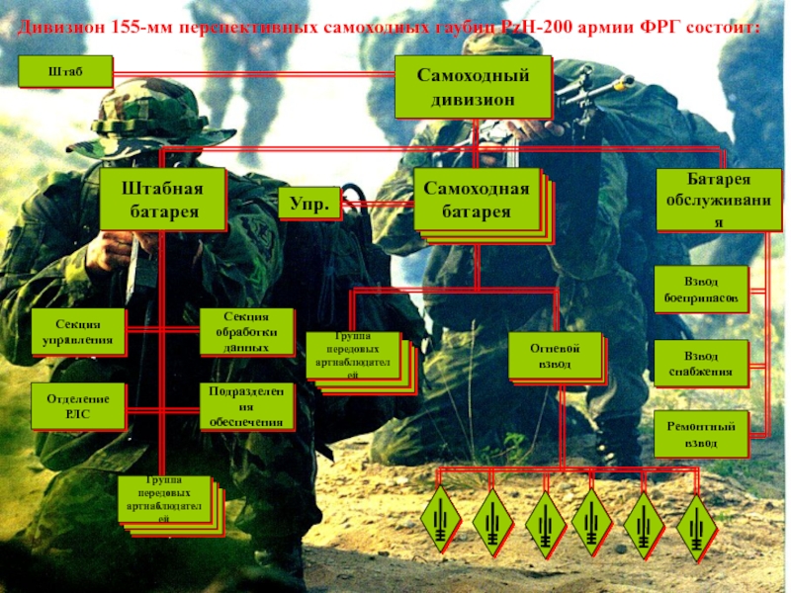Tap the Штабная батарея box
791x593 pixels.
(x=162, y=199)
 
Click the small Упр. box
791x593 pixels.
(x=308, y=204)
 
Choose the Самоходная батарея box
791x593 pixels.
(x=477, y=199)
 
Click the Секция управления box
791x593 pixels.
(x=78, y=333)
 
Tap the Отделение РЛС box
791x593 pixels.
(x=78, y=405)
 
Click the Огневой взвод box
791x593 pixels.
(x=556, y=357)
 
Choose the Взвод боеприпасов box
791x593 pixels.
(x=700, y=289)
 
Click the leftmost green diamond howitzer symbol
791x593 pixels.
(x=440, y=518)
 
